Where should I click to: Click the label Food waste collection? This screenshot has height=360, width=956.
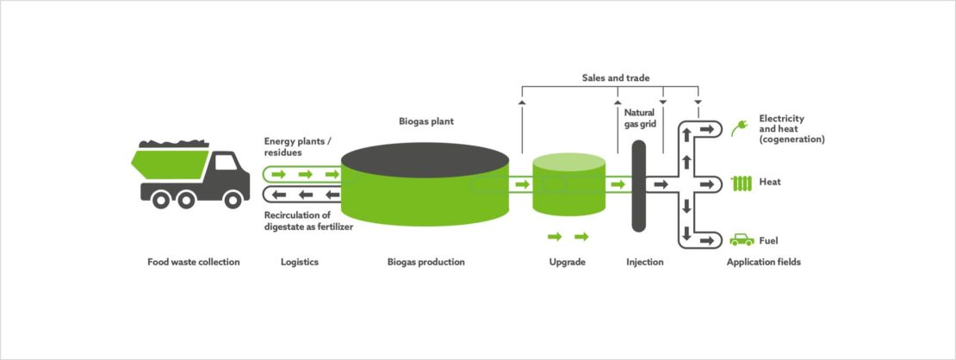[193, 262]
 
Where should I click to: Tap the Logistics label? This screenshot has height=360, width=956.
[301, 262]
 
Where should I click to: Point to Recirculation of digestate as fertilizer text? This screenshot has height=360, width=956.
[309, 220]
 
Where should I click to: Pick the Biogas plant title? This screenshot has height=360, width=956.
[425, 122]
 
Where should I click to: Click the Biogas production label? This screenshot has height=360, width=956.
[425, 262]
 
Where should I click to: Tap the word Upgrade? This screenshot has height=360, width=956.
[567, 262]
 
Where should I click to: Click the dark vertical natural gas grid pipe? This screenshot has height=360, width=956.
[639, 185]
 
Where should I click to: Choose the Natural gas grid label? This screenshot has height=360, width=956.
[640, 118]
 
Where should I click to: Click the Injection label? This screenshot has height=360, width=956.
[644, 262]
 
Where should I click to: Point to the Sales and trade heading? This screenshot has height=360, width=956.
[610, 78]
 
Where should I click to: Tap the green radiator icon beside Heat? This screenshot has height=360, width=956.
[741, 183]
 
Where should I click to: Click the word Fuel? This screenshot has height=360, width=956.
[769, 241]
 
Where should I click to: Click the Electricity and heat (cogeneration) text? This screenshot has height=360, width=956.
[791, 128]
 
